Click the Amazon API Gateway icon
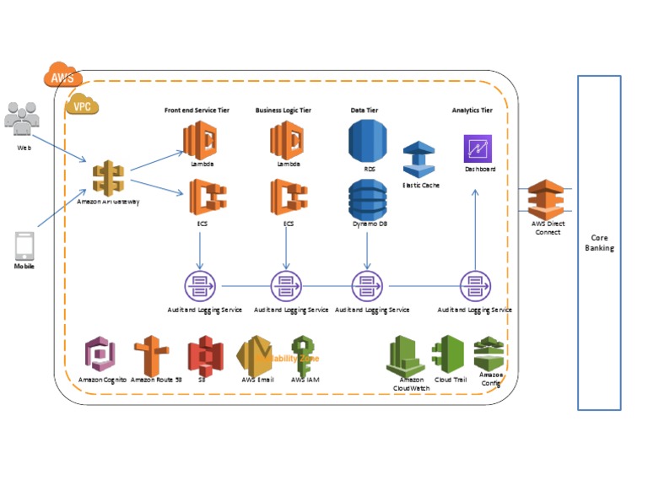tap(108, 177)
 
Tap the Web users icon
tap(23, 118)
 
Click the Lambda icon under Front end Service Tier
tap(201, 138)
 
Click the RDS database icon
tap(368, 140)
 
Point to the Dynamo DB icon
tap(368, 200)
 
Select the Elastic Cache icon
tap(418, 159)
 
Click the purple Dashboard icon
tap(478, 148)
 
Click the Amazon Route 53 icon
tap(152, 356)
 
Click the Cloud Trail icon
tap(448, 354)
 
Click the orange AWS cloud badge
tap(62, 76)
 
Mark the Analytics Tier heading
tap(472, 111)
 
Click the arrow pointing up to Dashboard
tap(475, 228)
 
